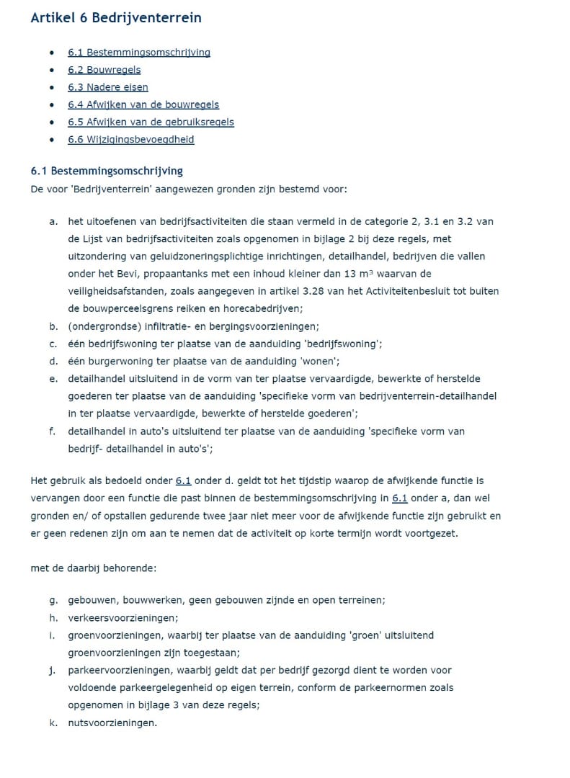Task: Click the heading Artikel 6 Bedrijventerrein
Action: coord(116,18)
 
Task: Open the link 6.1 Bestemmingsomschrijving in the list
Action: coord(139,53)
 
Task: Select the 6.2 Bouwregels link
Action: coord(104,70)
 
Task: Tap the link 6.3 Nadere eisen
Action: coord(108,87)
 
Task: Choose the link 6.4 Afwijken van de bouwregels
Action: coord(143,104)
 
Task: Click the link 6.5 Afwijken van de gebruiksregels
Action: coord(151,122)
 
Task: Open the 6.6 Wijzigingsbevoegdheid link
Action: coord(131,139)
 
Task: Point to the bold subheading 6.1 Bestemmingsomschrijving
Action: coord(107,171)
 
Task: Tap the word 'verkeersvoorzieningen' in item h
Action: coord(123,617)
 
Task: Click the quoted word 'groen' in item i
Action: coord(364,635)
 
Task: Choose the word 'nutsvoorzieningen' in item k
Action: coord(112,722)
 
